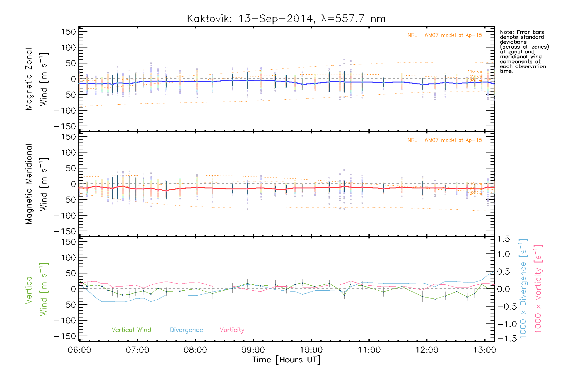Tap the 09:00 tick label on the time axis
click(x=253, y=350)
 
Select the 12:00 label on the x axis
click(x=427, y=350)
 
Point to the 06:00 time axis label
click(x=80, y=350)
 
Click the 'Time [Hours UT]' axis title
click(x=286, y=360)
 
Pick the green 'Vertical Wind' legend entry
click(x=131, y=330)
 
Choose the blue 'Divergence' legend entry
click(x=186, y=330)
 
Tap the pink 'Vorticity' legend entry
click(x=232, y=330)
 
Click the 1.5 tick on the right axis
click(x=503, y=239)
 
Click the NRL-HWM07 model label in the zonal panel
click(x=445, y=35)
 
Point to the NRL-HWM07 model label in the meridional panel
click(x=445, y=140)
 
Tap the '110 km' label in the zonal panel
click(x=475, y=72)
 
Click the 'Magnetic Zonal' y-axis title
click(x=29, y=79)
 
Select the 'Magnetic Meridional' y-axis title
click(x=29, y=184)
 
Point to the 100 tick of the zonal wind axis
click(x=68, y=47)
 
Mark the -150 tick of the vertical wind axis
click(x=65, y=336)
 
